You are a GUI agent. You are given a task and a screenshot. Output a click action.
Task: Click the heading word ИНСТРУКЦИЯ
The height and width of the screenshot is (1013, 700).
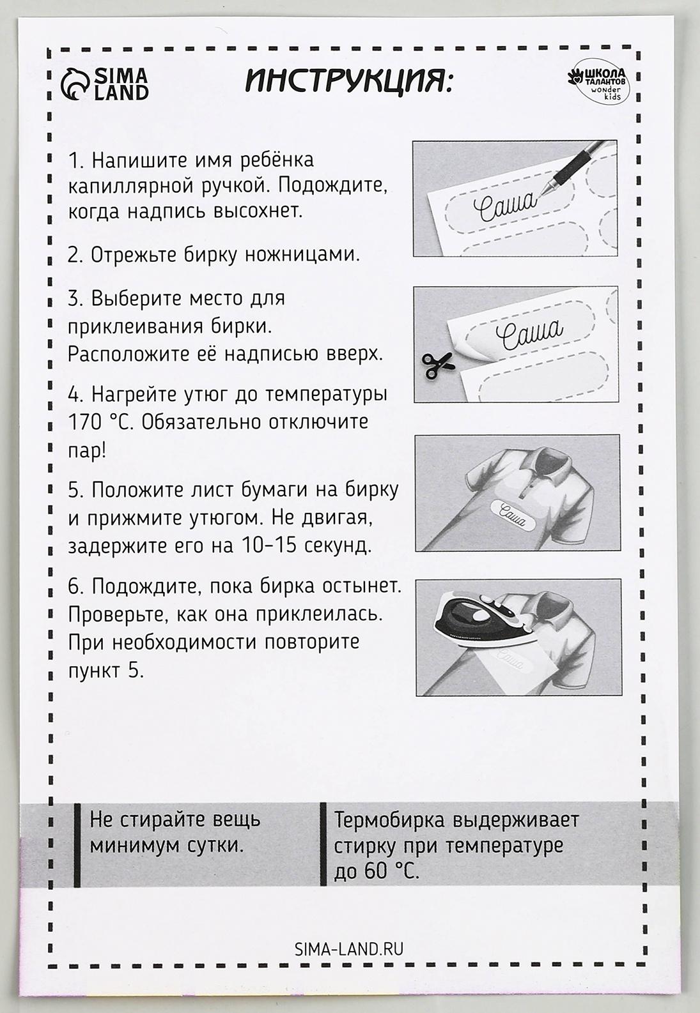348,82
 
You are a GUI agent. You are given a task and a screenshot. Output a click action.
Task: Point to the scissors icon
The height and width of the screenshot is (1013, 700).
437,364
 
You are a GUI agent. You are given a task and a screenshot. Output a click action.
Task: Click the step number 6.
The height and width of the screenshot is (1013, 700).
75,586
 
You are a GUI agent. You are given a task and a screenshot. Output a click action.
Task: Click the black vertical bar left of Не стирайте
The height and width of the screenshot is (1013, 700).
77,844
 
